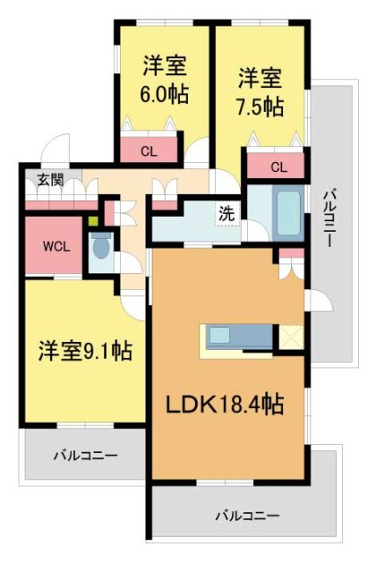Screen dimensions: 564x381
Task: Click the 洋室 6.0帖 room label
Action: tap(164, 79)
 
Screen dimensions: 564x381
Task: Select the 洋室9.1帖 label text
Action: tap(85, 351)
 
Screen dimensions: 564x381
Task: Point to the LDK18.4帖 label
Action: tap(226, 405)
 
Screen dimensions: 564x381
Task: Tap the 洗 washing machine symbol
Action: tap(227, 212)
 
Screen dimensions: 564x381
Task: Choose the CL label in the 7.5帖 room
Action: tap(278, 167)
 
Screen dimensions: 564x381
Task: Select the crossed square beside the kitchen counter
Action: tap(289, 337)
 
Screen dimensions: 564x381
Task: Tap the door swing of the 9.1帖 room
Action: tap(134, 305)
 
